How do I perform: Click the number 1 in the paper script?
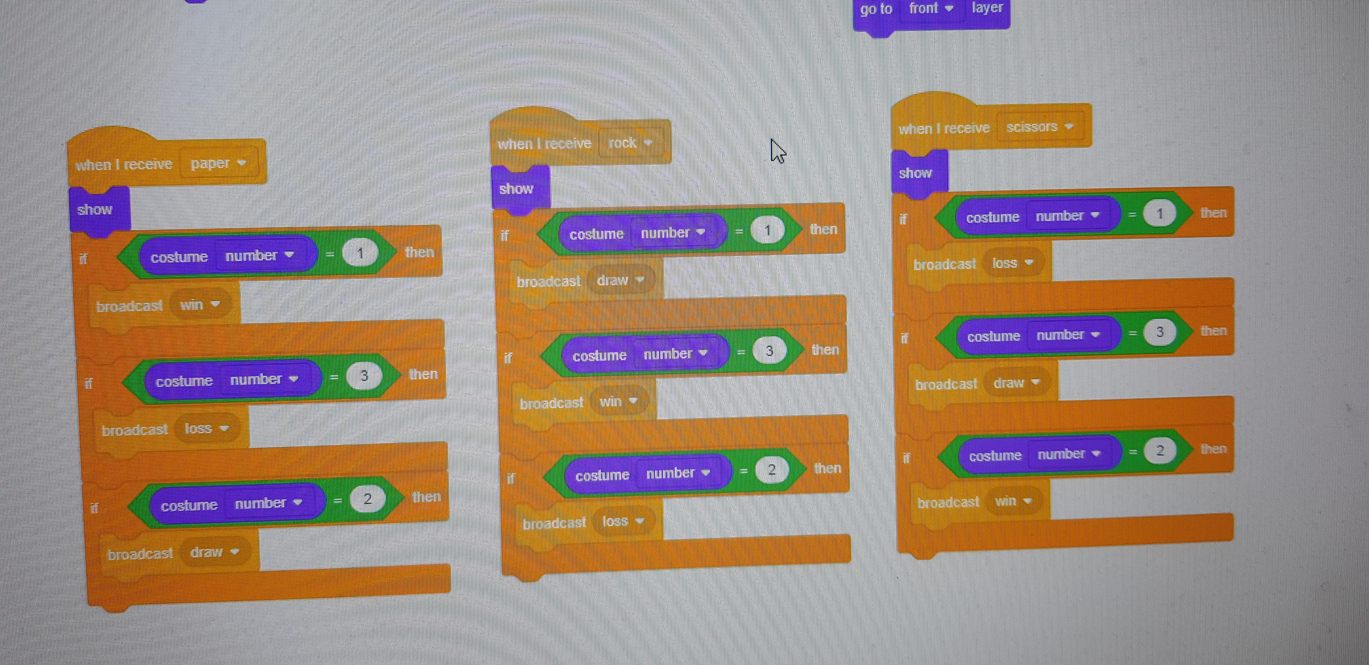tap(360, 253)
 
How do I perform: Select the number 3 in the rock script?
tap(769, 350)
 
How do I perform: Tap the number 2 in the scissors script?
tap(1160, 451)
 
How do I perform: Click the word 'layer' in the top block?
tap(987, 8)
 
